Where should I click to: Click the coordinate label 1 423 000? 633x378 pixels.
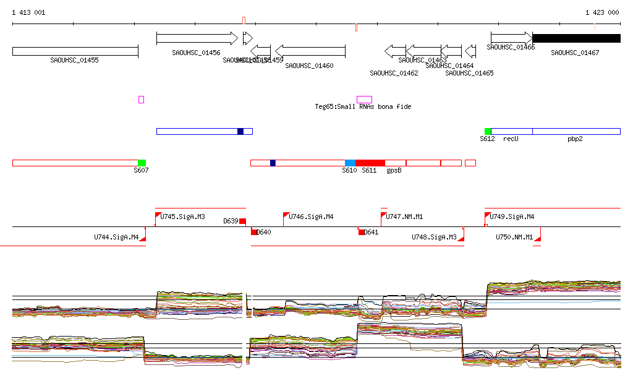point(602,12)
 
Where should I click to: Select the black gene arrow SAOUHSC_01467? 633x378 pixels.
point(576,38)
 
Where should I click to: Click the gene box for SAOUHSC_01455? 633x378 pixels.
point(75,51)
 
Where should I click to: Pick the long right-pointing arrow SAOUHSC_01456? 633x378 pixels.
point(197,38)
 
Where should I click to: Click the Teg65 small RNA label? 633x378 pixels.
point(363,106)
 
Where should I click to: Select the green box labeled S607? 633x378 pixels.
point(142,163)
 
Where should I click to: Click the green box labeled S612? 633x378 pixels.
point(488,131)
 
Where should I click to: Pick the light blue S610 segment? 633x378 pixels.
point(350,163)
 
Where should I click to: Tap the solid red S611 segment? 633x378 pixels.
point(370,163)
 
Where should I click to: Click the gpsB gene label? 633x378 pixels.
point(394,170)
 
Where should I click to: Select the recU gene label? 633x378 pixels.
point(510,139)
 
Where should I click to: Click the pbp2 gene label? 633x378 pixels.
point(575,139)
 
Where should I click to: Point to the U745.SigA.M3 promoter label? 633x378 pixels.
point(182,217)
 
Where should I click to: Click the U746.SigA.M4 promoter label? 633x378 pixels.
point(311,217)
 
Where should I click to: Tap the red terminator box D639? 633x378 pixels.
point(242,221)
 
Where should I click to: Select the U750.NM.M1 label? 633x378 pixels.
point(514,237)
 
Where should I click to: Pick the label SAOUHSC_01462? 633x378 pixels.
point(394,73)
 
